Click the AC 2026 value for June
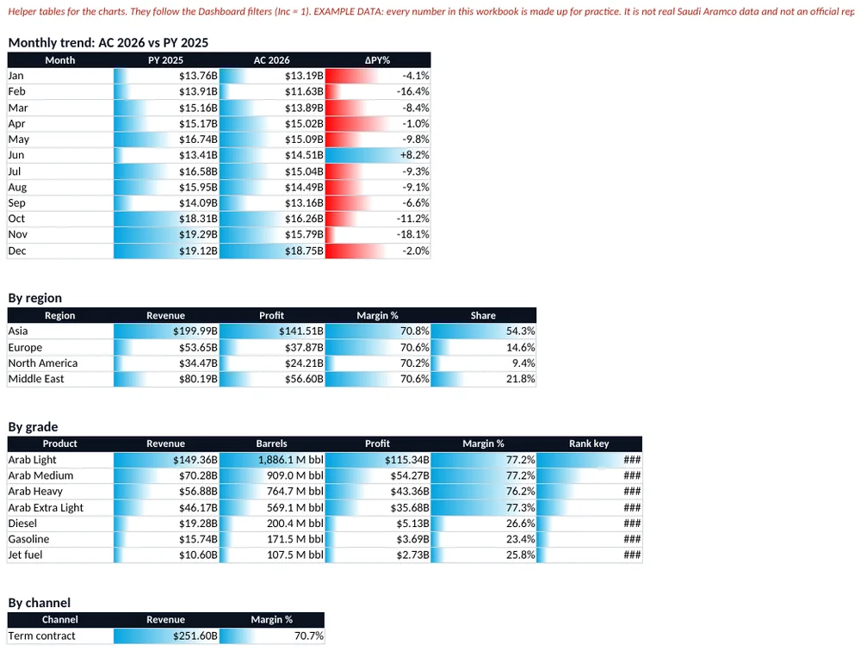click(x=272, y=156)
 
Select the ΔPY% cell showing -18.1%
click(x=378, y=234)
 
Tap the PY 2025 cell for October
click(x=166, y=219)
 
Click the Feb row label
click(x=16, y=92)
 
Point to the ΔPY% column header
click(x=378, y=60)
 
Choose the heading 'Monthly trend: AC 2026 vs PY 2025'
click(x=108, y=43)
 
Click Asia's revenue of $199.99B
click(x=166, y=332)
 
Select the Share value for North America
click(x=484, y=363)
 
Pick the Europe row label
click(x=25, y=347)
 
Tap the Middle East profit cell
click(x=272, y=379)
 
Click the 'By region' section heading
click(x=35, y=298)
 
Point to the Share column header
click(x=484, y=315)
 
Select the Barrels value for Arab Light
click(x=272, y=460)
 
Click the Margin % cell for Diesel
click(x=484, y=524)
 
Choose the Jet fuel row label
click(x=25, y=555)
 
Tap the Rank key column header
click(x=589, y=443)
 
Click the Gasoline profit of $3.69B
click(x=378, y=539)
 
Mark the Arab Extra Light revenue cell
click(x=166, y=507)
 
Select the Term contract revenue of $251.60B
click(x=166, y=636)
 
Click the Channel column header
click(x=60, y=620)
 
